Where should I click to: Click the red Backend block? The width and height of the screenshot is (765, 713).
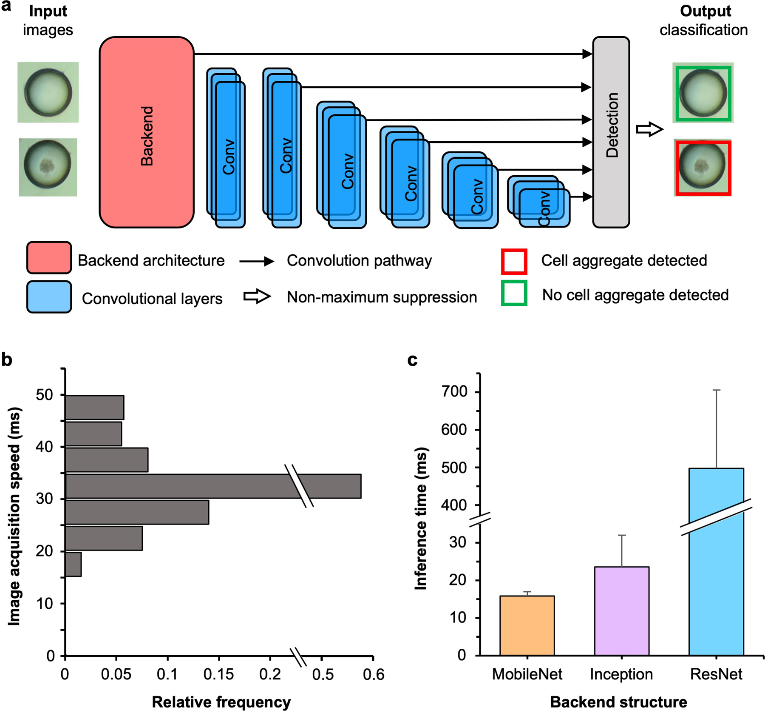pyautogui.click(x=147, y=132)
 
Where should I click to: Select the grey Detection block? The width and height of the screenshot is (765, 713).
pyautogui.click(x=611, y=132)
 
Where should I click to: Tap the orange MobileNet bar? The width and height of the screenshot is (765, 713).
pyautogui.click(x=527, y=625)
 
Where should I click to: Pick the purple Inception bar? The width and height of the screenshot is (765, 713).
pyautogui.click(x=621, y=610)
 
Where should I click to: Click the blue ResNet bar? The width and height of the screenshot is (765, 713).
pyautogui.click(x=716, y=574)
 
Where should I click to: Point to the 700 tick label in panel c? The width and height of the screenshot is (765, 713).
pyautogui.click(x=454, y=391)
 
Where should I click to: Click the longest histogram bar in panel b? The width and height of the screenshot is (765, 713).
pyautogui.click(x=212, y=486)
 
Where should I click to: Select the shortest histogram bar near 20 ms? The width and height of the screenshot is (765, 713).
pyautogui.click(x=73, y=564)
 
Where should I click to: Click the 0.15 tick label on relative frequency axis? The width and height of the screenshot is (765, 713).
pyautogui.click(x=218, y=675)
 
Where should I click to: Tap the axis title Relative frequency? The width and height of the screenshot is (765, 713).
pyautogui.click(x=221, y=702)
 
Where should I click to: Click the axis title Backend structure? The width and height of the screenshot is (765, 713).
pyautogui.click(x=618, y=702)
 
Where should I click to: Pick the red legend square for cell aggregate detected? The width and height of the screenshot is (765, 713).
pyautogui.click(x=514, y=261)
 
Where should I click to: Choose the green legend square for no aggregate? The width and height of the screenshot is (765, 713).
pyautogui.click(x=514, y=293)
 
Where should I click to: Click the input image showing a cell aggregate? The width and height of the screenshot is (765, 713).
pyautogui.click(x=48, y=167)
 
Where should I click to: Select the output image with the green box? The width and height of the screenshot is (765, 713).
pyautogui.click(x=703, y=93)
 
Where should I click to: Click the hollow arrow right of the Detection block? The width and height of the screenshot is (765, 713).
pyautogui.click(x=649, y=129)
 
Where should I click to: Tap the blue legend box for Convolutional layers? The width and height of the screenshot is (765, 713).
pyautogui.click(x=49, y=297)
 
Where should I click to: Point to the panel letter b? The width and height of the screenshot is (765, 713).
pyautogui.click(x=7, y=359)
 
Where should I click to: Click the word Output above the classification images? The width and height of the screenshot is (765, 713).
pyautogui.click(x=705, y=11)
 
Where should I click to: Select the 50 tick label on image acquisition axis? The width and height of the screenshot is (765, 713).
pyautogui.click(x=44, y=395)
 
